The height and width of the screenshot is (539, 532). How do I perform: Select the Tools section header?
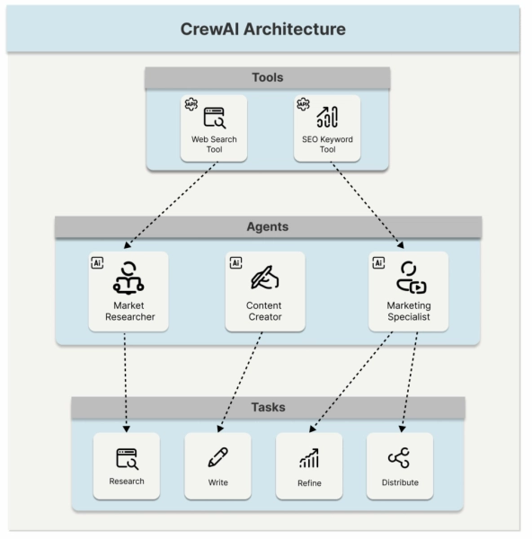tap(267, 78)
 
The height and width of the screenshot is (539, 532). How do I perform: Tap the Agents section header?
tap(267, 226)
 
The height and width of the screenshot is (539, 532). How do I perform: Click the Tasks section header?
tap(267, 407)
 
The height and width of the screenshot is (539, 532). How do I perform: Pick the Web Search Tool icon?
tap(214, 117)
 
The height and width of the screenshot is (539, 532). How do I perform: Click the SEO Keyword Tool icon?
tap(327, 117)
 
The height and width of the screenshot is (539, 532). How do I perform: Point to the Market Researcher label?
tap(129, 311)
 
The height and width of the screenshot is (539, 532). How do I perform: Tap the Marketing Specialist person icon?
tap(410, 278)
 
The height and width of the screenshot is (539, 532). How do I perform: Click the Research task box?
tap(127, 465)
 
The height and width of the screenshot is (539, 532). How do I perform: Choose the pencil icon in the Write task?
tap(217, 457)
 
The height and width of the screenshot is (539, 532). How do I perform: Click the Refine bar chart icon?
tap(308, 458)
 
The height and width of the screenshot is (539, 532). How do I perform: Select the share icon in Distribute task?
tap(399, 458)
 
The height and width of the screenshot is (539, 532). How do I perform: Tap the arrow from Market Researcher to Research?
tap(126, 382)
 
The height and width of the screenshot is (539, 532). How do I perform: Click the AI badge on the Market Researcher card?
tap(98, 262)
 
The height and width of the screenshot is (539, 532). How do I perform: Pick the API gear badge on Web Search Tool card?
tap(190, 104)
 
